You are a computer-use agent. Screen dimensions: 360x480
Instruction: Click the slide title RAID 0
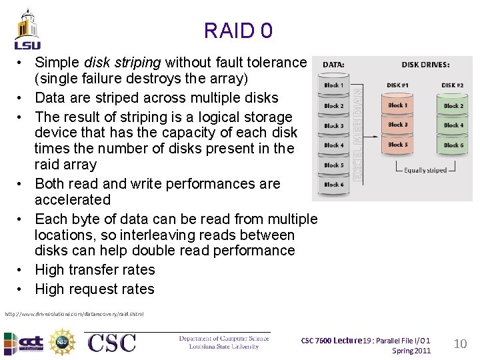tap(238, 31)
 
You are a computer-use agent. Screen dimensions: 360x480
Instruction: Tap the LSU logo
tap(27, 30)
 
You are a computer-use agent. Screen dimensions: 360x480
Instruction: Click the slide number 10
tap(459, 344)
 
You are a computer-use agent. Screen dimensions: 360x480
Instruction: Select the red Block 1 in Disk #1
tap(398, 105)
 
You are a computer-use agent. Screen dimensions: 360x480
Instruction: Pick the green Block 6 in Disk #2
tap(453, 145)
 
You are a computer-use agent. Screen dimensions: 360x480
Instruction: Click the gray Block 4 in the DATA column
tap(334, 145)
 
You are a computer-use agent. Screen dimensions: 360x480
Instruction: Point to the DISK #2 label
tap(453, 85)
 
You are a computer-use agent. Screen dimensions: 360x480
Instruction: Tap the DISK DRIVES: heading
tap(425, 65)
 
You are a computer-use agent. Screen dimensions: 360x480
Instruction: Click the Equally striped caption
tap(425, 170)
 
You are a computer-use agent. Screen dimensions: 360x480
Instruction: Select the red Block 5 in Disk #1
tap(398, 144)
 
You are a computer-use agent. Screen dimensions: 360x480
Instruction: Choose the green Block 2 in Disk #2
tap(453, 106)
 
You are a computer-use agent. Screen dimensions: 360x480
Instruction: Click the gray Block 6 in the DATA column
tap(334, 184)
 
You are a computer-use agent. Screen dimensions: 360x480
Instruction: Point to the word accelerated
tap(73, 199)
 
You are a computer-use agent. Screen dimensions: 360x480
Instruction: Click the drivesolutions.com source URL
tap(73, 313)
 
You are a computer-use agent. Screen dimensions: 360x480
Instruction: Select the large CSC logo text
tap(111, 343)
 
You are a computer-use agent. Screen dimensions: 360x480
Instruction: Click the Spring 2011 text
tap(411, 351)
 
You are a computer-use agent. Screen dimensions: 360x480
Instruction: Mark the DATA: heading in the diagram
tap(334, 65)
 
